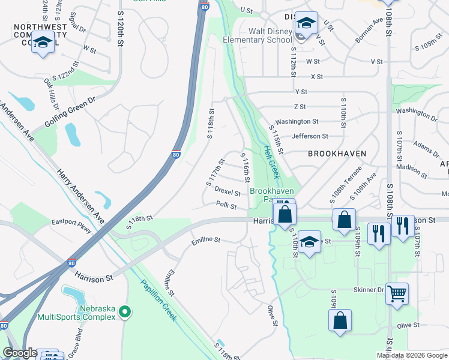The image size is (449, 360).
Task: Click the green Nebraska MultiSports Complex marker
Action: [x=124, y=311]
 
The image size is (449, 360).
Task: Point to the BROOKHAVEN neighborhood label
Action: [x=337, y=154]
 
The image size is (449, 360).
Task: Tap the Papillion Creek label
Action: [x=158, y=299]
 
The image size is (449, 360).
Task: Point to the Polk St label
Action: [x=226, y=205]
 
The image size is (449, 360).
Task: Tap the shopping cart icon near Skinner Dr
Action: [x=397, y=294]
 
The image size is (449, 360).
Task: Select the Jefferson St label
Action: [x=310, y=136]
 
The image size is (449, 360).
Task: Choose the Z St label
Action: [x=300, y=107]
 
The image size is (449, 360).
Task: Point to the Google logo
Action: [x=20, y=353]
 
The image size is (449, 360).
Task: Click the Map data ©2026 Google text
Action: [x=411, y=355]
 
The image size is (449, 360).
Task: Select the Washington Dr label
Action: [x=417, y=113]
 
